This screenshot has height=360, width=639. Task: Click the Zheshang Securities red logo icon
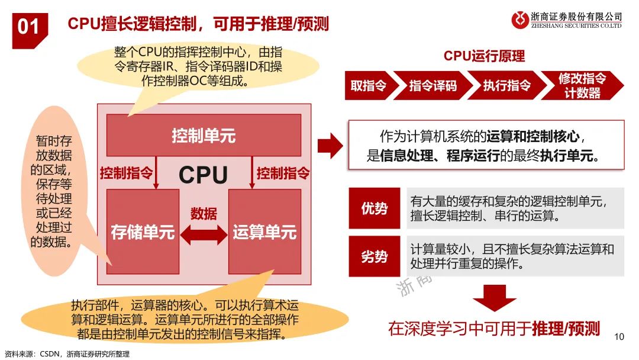pos(520,20)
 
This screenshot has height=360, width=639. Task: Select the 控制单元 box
pos(204,136)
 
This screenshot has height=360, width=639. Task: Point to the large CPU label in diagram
pos(203,175)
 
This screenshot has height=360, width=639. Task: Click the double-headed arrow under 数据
pos(204,235)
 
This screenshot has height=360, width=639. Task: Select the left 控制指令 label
pos(126,173)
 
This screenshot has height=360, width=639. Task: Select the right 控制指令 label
pos(283,173)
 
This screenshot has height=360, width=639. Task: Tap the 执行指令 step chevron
pos(506,86)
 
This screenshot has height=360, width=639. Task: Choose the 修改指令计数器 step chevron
pos(583,86)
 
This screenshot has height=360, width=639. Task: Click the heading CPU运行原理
pos(484,56)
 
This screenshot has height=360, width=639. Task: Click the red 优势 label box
pos(374,208)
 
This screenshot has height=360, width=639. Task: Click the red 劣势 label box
pos(374,256)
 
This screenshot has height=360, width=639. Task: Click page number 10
pos(619,337)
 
